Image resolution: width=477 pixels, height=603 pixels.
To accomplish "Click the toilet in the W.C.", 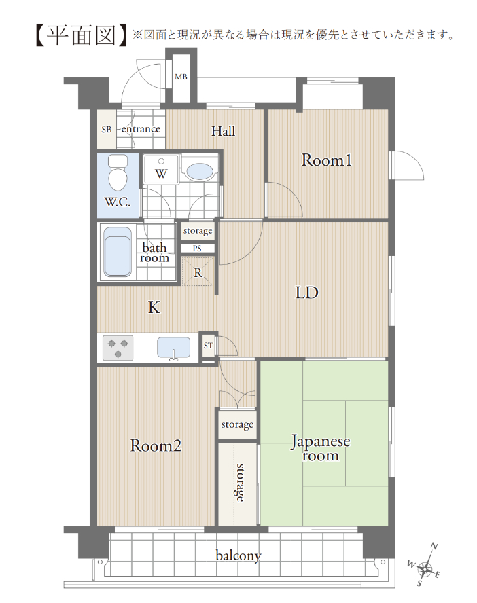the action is [x=118, y=172].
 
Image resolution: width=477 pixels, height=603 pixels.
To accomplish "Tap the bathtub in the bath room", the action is [x=118, y=251].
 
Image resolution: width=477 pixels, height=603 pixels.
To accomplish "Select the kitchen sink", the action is [x=173, y=348].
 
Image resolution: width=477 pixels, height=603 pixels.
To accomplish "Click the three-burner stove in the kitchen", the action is [x=118, y=348].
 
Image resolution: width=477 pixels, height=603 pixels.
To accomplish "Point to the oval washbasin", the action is [x=199, y=172].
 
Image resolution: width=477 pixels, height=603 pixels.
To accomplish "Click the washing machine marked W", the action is [x=161, y=170].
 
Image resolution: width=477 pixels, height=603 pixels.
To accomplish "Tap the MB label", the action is [x=181, y=77].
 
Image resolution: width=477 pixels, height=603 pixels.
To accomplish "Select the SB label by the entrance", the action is [x=107, y=130].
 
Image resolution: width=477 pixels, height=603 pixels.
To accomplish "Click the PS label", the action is [x=197, y=249].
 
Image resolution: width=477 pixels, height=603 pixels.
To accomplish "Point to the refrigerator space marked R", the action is [x=198, y=272].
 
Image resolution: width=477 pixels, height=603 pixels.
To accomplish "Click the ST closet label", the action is [x=208, y=346].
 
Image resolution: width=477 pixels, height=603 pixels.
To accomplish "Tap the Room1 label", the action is [x=327, y=160].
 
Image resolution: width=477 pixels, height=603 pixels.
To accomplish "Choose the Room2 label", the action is [x=156, y=445].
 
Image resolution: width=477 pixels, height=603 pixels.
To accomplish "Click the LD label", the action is [x=307, y=293].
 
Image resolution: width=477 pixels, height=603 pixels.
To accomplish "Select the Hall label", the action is [x=223, y=131].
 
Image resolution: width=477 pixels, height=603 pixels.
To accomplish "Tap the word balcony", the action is [x=238, y=555].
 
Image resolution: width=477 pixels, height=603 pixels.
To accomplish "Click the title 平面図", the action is [x=81, y=36].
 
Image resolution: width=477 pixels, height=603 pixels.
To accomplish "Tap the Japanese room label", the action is [x=321, y=448].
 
